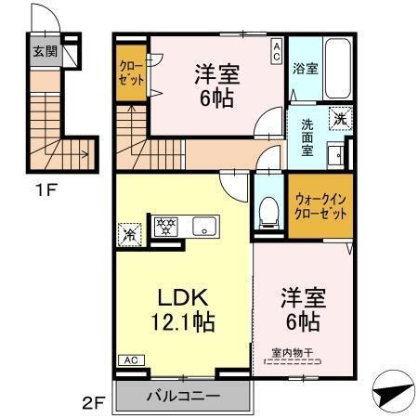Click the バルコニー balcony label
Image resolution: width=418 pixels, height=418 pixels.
183,397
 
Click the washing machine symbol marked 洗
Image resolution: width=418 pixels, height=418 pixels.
340,118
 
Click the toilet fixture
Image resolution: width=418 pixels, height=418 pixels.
268,211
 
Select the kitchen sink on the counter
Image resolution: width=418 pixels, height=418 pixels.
202,226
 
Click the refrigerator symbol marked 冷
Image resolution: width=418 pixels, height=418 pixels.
128,233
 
